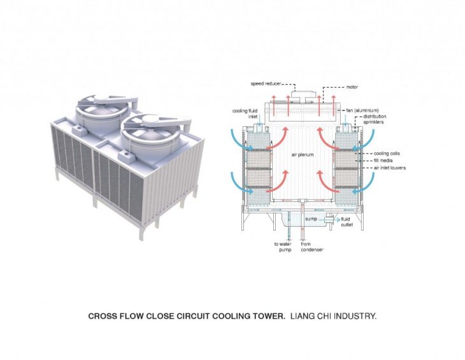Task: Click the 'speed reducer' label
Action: point(266,84)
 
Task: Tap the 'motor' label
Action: point(352,87)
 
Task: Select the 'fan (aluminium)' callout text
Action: point(362,110)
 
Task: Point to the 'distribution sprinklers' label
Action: point(375,119)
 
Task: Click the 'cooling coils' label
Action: point(387,154)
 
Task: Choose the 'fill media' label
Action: point(383,161)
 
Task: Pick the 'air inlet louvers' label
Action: point(390,168)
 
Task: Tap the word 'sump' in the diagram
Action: point(311,219)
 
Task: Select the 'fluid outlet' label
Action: point(347,222)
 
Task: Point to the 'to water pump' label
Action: point(283,247)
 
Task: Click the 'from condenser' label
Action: point(311,247)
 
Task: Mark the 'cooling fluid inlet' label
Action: point(245,113)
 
